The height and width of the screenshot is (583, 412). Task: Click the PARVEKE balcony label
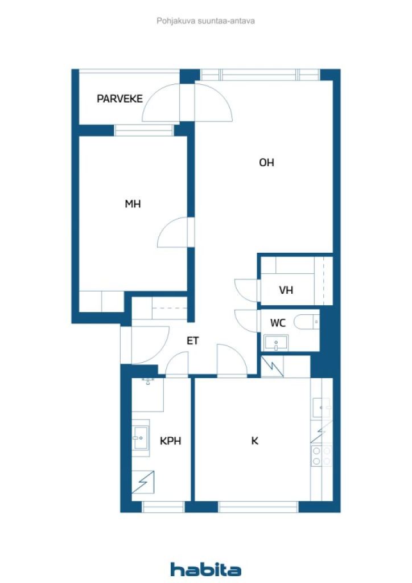(120, 98)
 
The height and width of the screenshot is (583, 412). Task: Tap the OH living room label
(266, 162)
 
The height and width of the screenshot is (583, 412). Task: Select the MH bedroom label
(133, 204)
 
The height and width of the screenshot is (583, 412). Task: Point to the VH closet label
(286, 290)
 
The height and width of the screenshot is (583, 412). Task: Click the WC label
(278, 323)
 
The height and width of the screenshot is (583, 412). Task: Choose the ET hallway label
(192, 340)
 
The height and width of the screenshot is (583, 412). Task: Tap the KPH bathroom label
(171, 441)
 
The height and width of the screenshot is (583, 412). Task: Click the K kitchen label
(254, 441)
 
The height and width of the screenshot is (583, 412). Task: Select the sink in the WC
(275, 343)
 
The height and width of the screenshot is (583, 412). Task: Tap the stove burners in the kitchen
(322, 456)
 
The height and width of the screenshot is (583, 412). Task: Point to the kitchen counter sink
(322, 408)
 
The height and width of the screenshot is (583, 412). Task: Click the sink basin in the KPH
(141, 438)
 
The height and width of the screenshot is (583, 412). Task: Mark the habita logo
(205, 569)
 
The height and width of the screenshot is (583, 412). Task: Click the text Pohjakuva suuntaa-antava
(205, 21)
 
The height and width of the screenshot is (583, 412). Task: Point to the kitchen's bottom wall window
(258, 507)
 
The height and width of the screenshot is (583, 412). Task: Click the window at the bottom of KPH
(163, 507)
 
